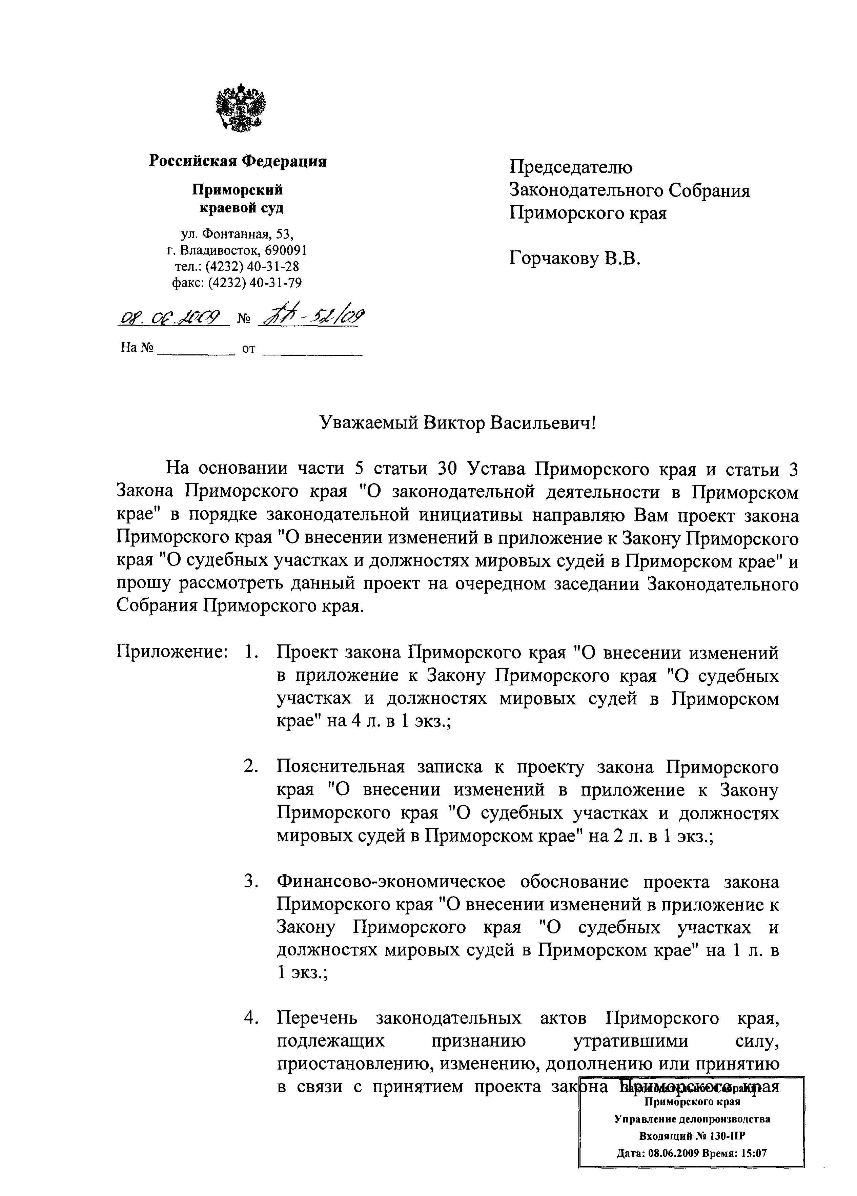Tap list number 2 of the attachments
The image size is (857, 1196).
tap(250, 767)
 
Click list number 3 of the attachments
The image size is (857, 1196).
tap(250, 881)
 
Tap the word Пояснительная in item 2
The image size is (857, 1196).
tap(340, 767)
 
